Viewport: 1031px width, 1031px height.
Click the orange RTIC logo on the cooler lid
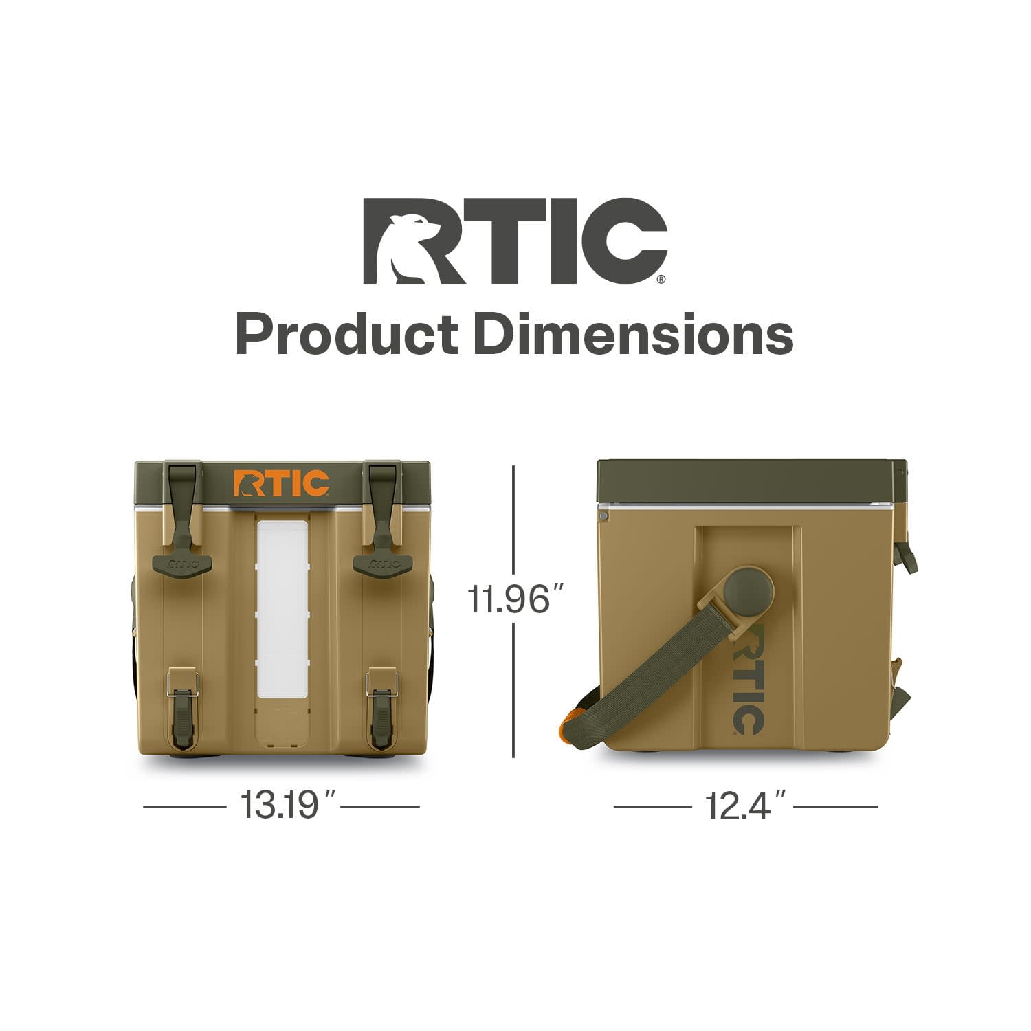point(281,483)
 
